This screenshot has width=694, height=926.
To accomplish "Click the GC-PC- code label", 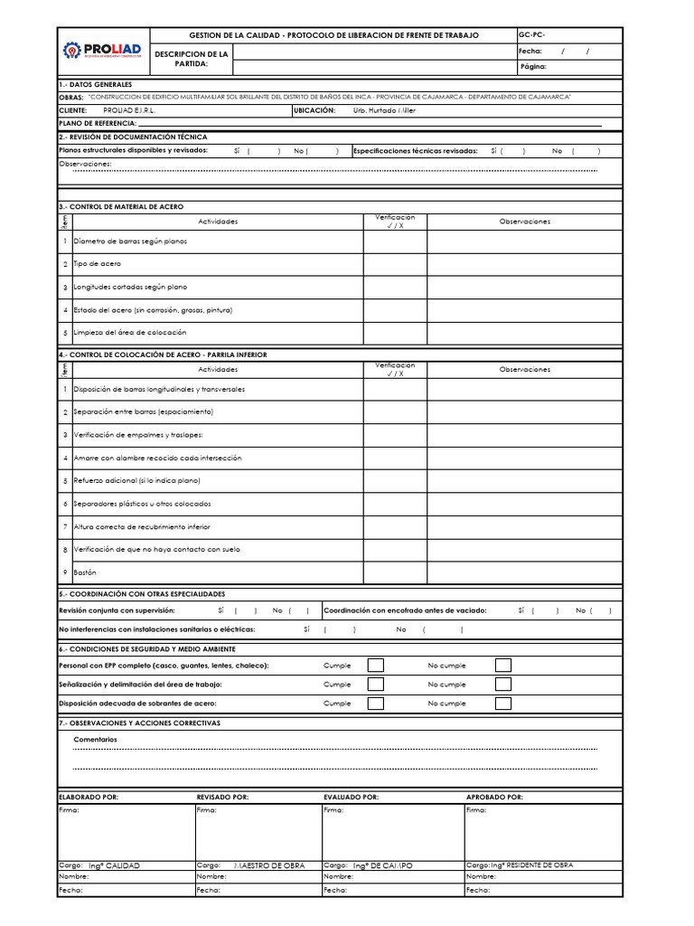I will (532, 34).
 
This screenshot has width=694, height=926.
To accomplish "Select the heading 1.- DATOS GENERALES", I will (95, 84).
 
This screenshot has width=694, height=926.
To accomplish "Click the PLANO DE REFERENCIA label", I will (98, 122).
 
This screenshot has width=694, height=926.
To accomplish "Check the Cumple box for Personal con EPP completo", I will (376, 666).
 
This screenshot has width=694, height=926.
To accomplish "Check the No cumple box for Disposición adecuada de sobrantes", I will (503, 703).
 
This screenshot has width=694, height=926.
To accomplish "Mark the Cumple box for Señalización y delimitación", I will (376, 685).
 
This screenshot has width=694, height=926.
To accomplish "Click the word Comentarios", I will (95, 740).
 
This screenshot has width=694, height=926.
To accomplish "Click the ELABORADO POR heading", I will (88, 797).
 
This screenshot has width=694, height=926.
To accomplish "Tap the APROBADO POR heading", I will (494, 797).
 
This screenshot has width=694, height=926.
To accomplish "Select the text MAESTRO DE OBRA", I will (269, 865).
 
